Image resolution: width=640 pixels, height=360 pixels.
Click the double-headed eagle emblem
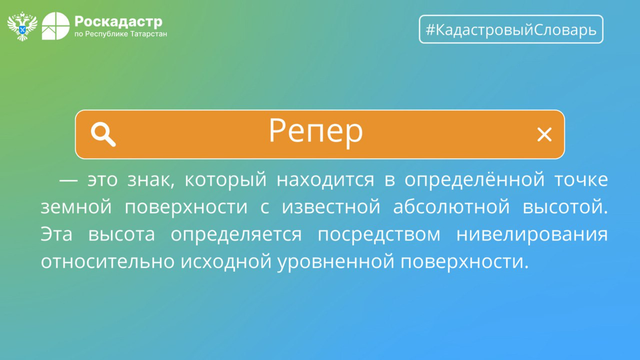click(x=22, y=26)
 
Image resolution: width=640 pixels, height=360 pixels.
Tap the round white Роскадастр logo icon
click(x=56, y=26)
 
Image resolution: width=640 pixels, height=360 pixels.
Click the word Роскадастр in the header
click(x=118, y=22)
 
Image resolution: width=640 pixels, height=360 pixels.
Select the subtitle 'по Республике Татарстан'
click(x=120, y=34)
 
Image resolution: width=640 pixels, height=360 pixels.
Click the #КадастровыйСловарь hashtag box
click(x=511, y=29)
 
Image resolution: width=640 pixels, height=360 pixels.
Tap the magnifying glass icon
click(x=103, y=134)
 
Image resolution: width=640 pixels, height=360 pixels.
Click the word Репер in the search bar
click(x=316, y=132)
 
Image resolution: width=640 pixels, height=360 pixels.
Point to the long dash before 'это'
click(x=68, y=180)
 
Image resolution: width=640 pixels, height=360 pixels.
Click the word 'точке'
click(x=581, y=180)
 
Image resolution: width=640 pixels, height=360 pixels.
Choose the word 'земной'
click(x=76, y=207)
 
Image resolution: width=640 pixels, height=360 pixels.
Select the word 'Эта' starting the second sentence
click(x=56, y=234)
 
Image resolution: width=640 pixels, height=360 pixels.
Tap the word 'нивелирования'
click(x=532, y=235)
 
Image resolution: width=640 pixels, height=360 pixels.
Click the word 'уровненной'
click(x=336, y=262)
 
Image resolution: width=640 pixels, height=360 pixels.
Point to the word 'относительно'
click(x=108, y=261)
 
